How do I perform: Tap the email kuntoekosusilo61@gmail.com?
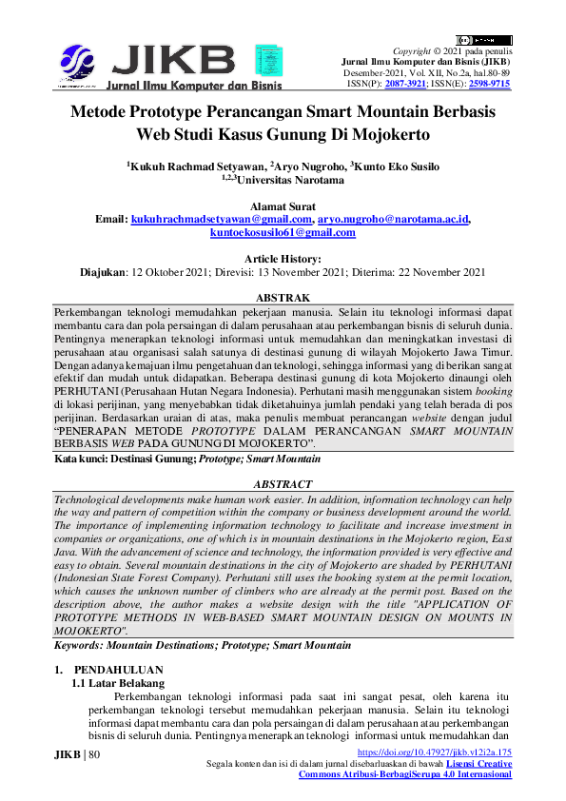(283, 232)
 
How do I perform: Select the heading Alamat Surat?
(283, 205)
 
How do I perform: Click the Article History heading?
(283, 259)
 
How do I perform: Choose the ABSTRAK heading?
(283, 298)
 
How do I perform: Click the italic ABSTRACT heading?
(283, 484)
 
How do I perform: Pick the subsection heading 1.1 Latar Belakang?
(119, 683)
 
